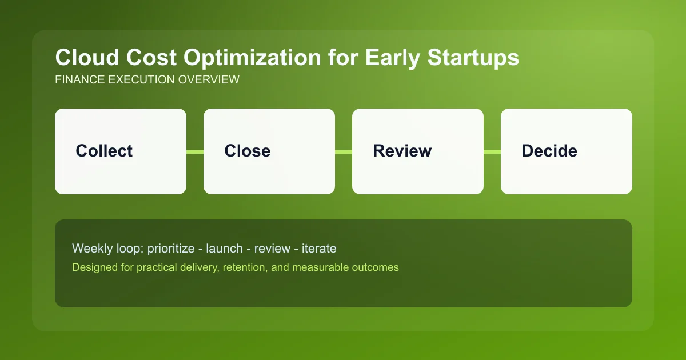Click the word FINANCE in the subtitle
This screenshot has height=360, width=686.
click(x=79, y=80)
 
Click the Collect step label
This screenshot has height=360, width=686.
click(x=104, y=151)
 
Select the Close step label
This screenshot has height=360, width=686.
click(x=247, y=151)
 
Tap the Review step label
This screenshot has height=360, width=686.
click(x=402, y=151)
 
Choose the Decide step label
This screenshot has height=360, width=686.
click(x=549, y=151)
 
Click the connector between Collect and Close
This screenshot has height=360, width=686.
click(x=195, y=151)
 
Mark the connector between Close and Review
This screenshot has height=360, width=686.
click(x=344, y=151)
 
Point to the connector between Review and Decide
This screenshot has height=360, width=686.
click(x=492, y=151)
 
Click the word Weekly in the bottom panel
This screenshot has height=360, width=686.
click(x=89, y=249)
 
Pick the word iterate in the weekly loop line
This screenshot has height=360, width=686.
click(x=318, y=249)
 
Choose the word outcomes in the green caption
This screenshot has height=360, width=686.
click(x=376, y=267)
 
